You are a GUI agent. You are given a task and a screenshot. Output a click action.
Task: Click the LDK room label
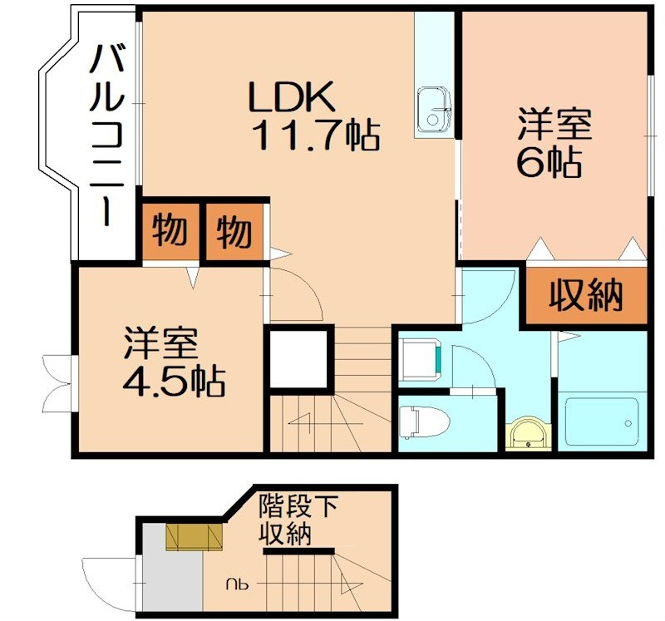click(x=293, y=98)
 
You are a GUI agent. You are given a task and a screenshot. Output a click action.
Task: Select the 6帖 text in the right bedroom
click(x=548, y=163)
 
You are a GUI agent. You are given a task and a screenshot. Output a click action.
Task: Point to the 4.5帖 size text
click(x=173, y=381)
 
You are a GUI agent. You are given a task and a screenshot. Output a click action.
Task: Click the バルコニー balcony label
click(x=106, y=134)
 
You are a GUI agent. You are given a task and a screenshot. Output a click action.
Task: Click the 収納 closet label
click(x=585, y=296)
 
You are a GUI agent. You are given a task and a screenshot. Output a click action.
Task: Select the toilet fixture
click(x=421, y=421)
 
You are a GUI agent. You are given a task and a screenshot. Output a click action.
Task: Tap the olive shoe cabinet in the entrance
click(x=195, y=537)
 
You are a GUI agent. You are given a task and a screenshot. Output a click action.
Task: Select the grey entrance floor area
click(x=171, y=579)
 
